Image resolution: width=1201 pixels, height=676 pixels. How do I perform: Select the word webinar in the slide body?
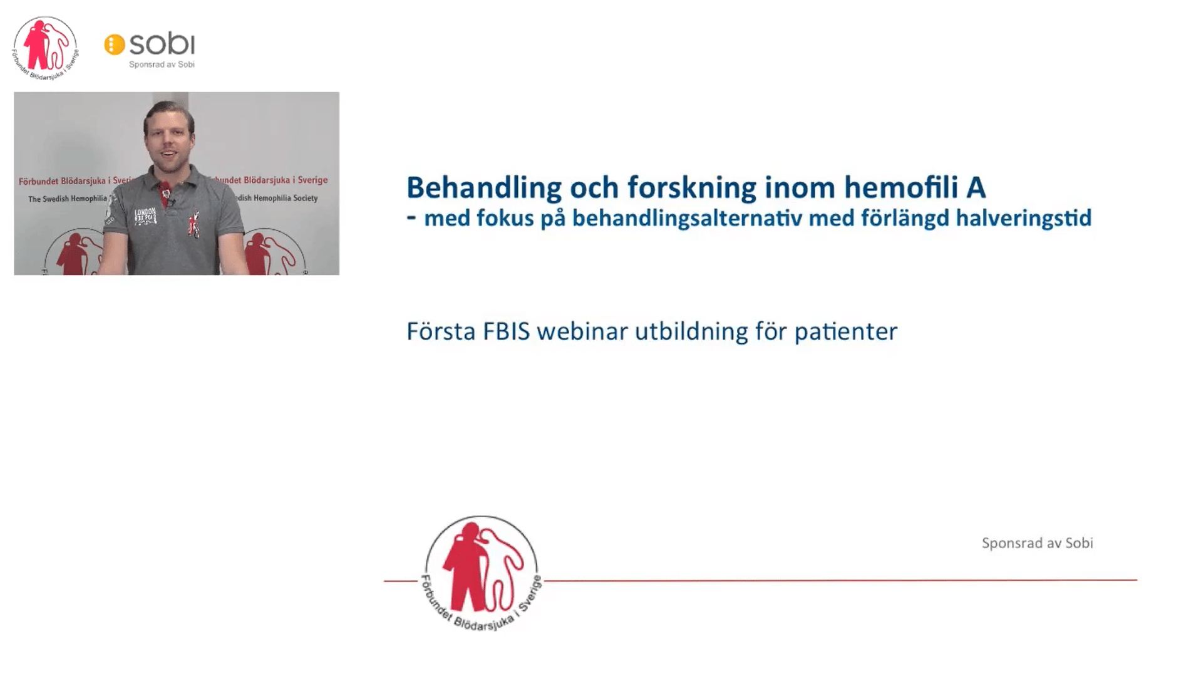tap(582, 331)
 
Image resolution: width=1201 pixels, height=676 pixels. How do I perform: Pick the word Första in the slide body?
tap(441, 331)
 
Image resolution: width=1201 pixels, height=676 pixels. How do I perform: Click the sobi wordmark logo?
tap(162, 44)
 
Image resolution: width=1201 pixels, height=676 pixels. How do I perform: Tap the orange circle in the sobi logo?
tap(115, 44)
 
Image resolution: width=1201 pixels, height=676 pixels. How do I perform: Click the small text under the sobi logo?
tap(162, 64)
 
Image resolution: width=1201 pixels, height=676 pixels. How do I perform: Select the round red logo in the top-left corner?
tap(45, 48)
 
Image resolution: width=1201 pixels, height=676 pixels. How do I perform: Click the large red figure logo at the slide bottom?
tap(482, 573)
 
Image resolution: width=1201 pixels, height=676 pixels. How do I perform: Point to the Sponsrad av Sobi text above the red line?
tap(1037, 543)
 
